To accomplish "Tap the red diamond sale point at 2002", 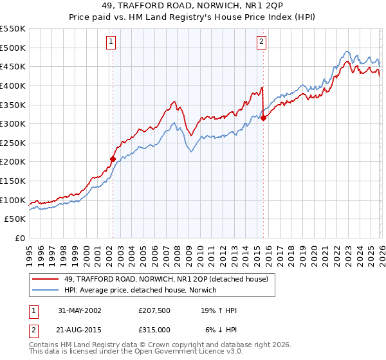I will pyautogui.click(x=113, y=159).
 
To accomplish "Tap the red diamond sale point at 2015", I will pyautogui.click(x=263, y=118).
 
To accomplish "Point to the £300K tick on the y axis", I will pyautogui.click(x=14, y=123).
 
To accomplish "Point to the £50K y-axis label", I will pyautogui.click(x=15, y=219).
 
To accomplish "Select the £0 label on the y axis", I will pyautogui.click(x=20, y=239).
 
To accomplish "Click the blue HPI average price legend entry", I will pyautogui.click(x=141, y=290).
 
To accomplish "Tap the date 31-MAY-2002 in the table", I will pyautogui.click(x=79, y=310).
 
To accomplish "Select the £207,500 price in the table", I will pyautogui.click(x=155, y=310).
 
